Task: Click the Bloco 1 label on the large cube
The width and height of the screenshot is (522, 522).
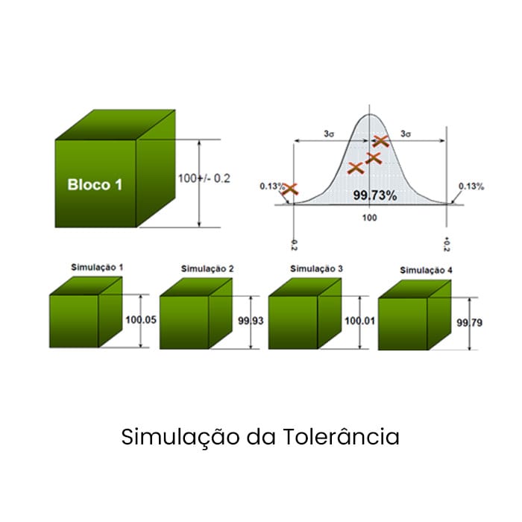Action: click(95, 184)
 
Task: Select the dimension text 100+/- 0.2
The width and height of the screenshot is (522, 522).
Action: click(204, 178)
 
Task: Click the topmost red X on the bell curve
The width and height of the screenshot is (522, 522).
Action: click(380, 140)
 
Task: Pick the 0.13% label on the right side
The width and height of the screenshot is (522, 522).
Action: click(471, 186)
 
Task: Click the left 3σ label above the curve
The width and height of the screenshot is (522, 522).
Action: click(328, 133)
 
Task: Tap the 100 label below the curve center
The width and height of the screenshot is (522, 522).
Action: click(369, 218)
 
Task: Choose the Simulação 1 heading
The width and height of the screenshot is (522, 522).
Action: click(97, 266)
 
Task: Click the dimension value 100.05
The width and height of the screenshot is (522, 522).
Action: click(141, 320)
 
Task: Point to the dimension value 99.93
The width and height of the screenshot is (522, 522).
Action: click(251, 321)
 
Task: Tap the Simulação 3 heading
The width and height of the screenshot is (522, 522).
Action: click(317, 268)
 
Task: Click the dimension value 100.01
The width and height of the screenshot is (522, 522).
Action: click(359, 321)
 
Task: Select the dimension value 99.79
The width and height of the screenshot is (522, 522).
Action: click(468, 323)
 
